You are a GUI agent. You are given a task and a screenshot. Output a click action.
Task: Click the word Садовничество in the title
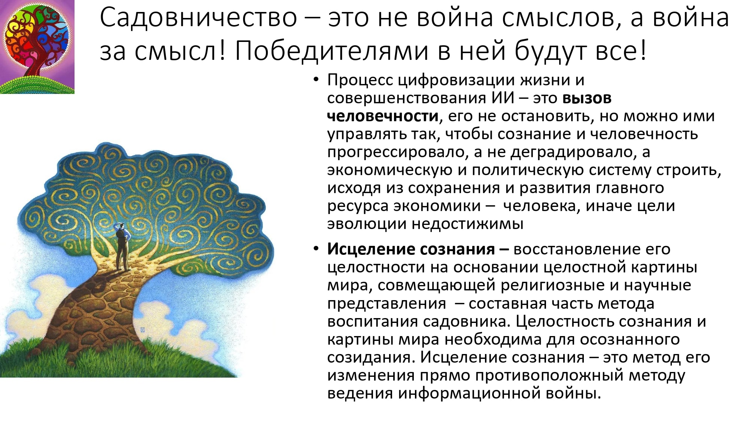point(198,18)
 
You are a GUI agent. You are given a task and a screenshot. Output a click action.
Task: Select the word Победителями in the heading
point(331,51)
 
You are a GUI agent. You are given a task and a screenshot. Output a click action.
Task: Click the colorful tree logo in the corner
point(37,47)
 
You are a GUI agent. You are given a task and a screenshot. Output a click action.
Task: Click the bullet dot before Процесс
point(316,80)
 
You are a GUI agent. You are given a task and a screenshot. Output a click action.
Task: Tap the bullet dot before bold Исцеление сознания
point(316,249)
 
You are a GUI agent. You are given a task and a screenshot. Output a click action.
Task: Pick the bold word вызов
point(587,98)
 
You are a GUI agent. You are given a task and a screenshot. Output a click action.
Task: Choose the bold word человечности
point(383,116)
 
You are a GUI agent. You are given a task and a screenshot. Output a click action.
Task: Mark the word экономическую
point(390,171)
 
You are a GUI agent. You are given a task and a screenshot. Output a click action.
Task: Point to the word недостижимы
point(467,224)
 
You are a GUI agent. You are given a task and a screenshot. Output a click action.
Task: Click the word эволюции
point(367,224)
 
